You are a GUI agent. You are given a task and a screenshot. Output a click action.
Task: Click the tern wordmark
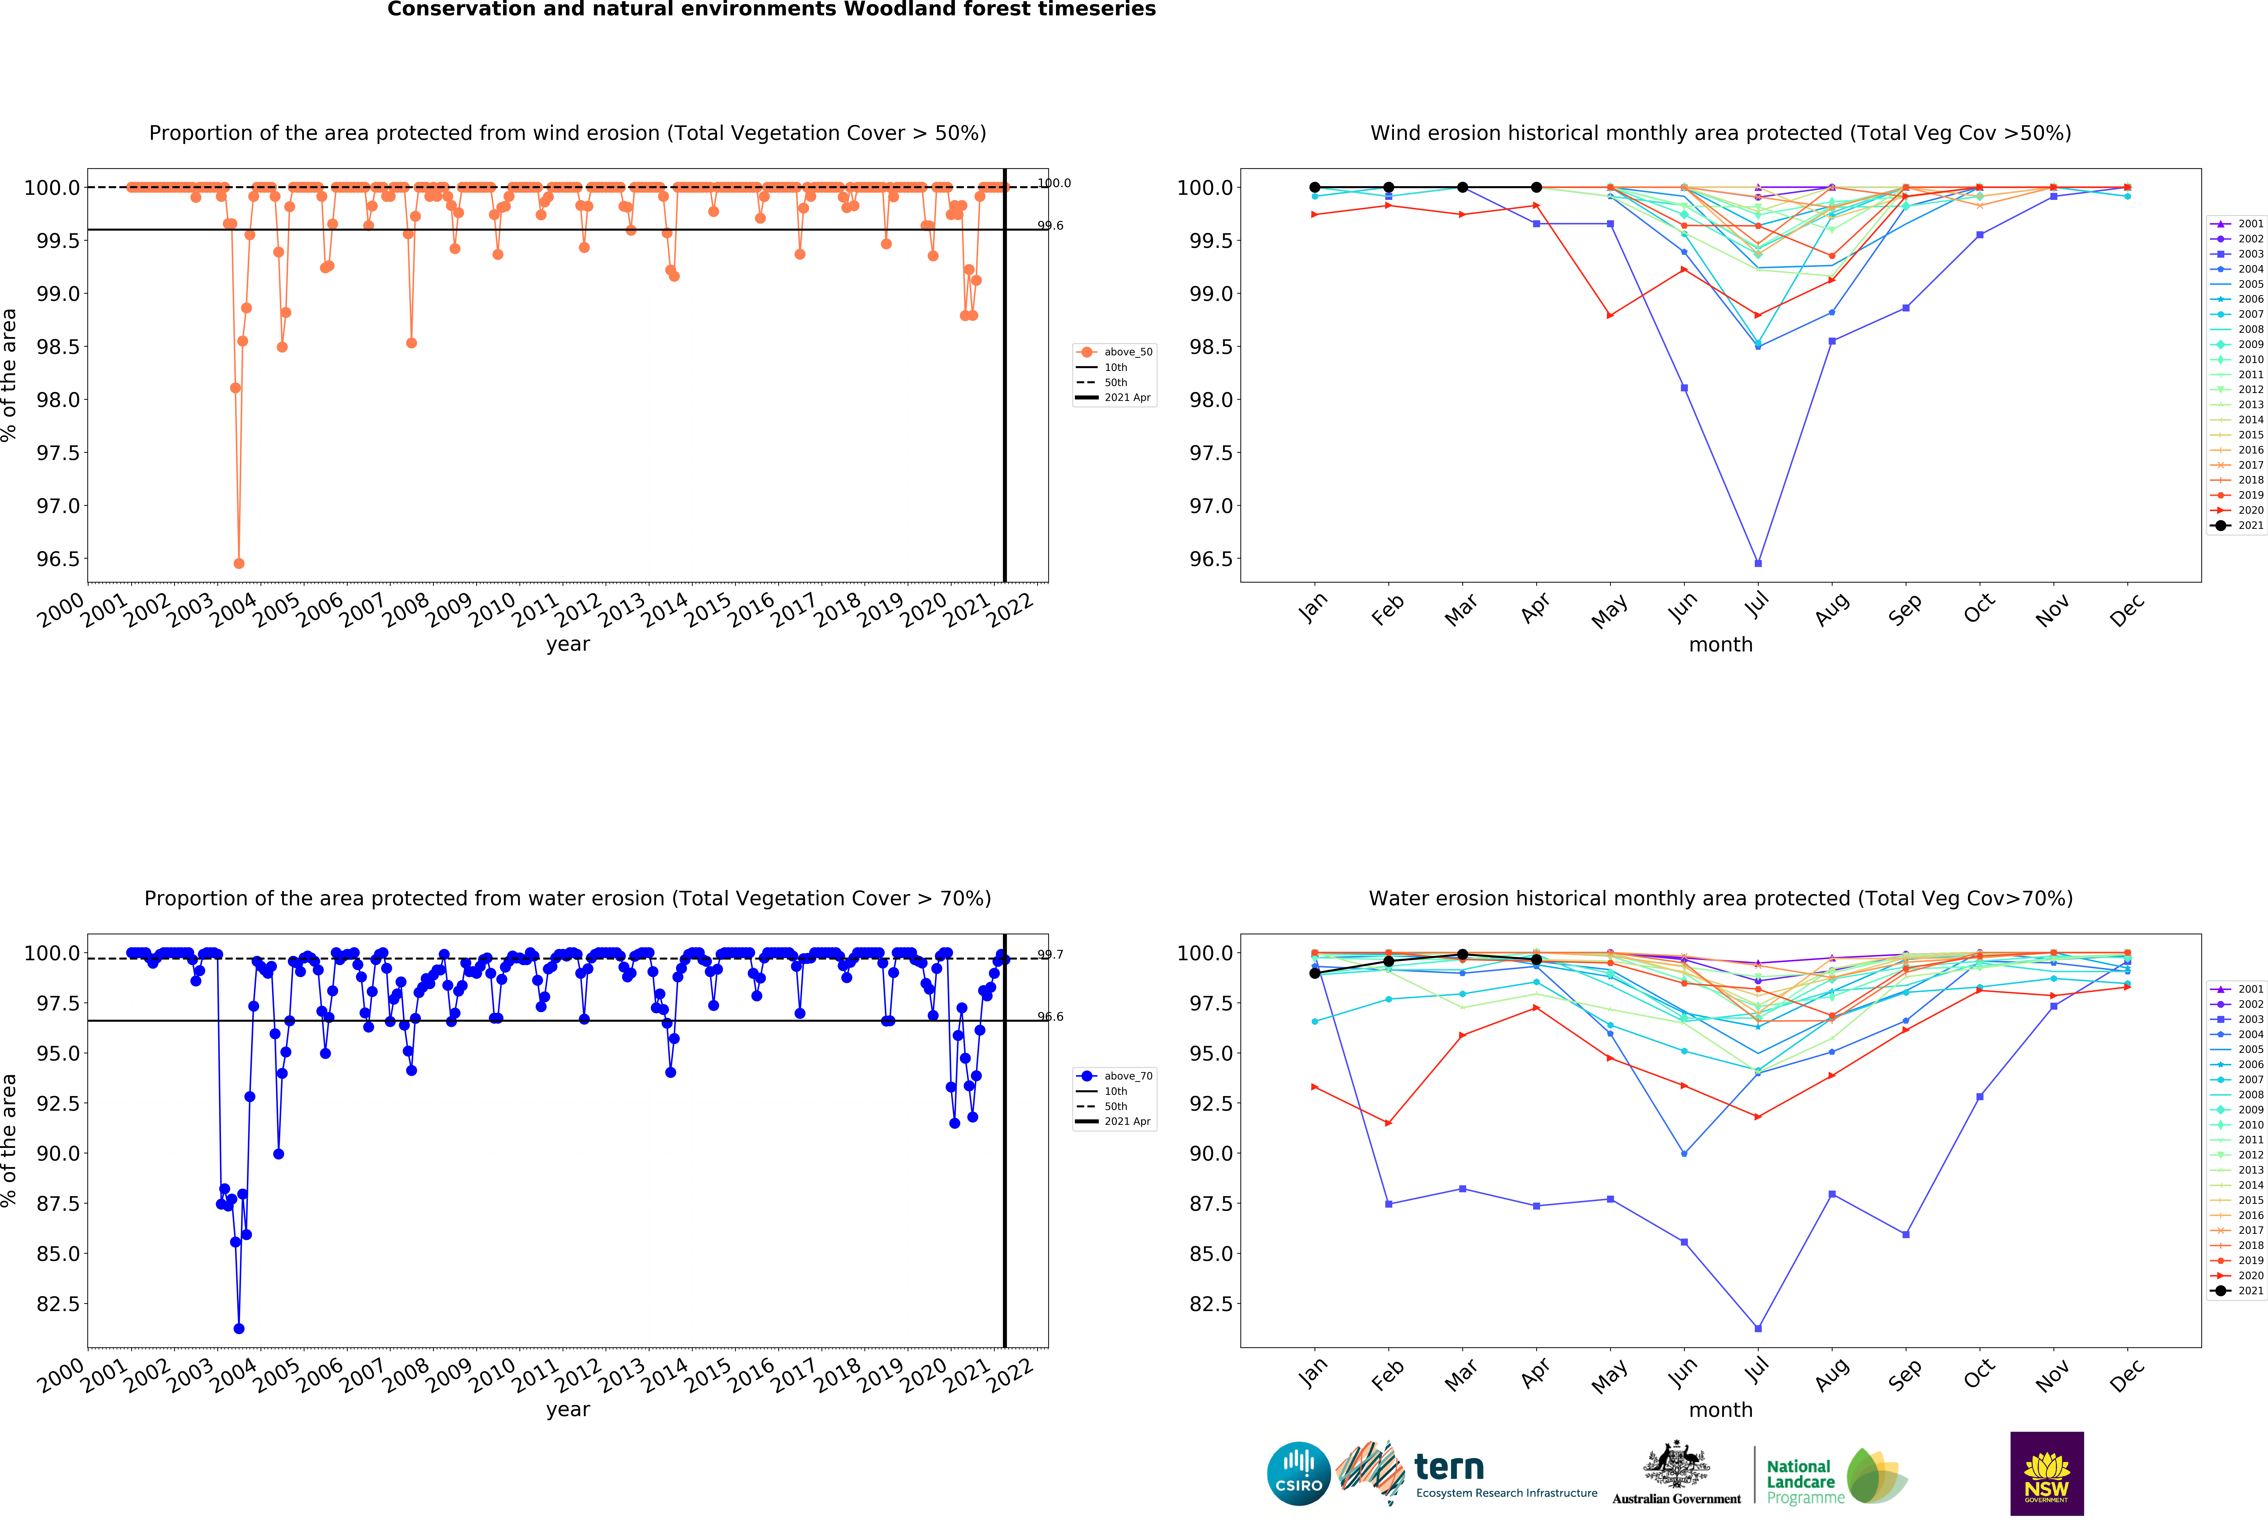point(1449,1467)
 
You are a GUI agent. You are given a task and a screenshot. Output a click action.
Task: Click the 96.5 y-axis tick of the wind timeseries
point(59,559)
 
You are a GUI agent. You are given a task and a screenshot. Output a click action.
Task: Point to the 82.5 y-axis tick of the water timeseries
point(59,1304)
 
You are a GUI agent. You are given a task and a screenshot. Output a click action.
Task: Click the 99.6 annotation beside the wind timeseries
point(1050,225)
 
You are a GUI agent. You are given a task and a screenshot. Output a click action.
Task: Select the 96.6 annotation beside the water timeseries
point(1050,1017)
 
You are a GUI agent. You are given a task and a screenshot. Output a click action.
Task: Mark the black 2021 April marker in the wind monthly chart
point(1536,187)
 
